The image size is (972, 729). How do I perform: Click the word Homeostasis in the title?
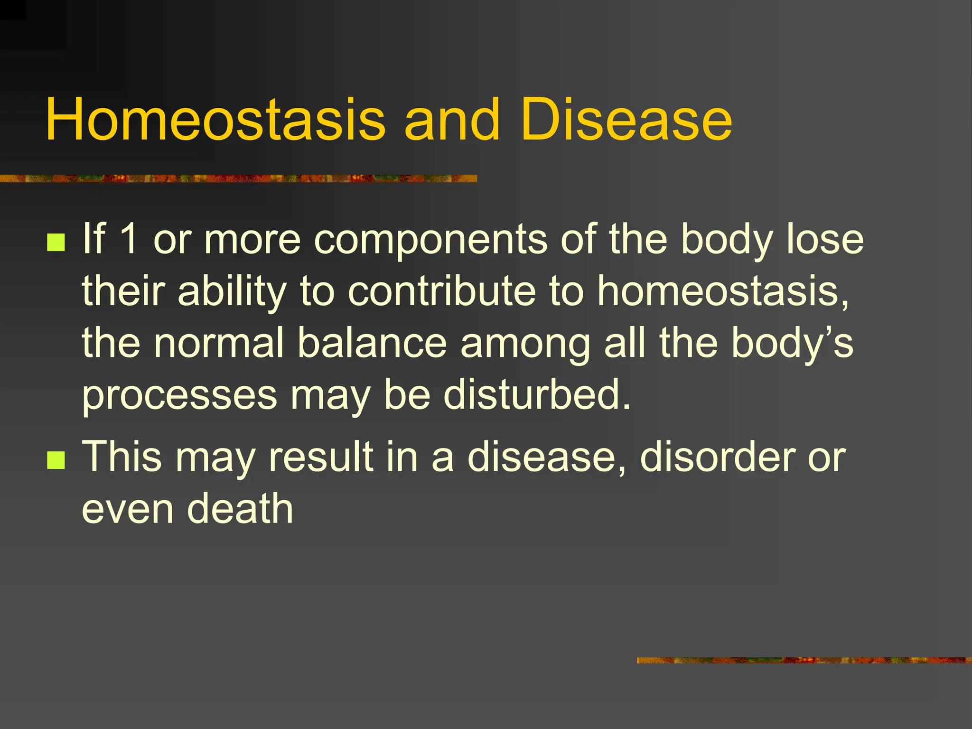[x=215, y=120]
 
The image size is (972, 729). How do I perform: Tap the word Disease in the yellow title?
[x=626, y=120]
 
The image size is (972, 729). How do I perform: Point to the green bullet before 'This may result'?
[x=56, y=460]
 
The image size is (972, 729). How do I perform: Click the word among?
[x=525, y=344]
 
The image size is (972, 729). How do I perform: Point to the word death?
[x=240, y=509]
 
